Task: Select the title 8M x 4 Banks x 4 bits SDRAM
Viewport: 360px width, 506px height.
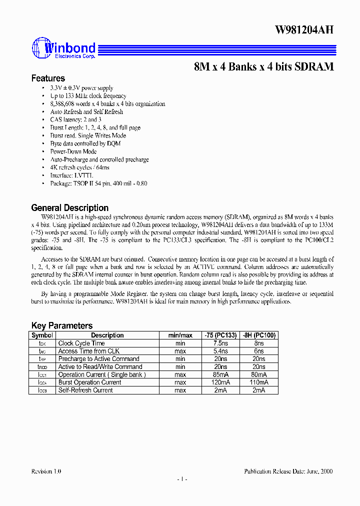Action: click(263, 66)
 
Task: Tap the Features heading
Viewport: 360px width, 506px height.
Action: click(48, 78)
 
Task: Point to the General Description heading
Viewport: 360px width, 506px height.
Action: click(69, 208)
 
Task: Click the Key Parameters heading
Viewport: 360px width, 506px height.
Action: click(61, 325)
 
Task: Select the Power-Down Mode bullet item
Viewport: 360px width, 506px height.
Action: click(73, 151)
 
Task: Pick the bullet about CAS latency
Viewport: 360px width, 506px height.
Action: click(75, 119)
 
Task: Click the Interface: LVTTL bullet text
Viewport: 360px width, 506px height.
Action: click(71, 175)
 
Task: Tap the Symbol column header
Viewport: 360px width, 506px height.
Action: click(42, 335)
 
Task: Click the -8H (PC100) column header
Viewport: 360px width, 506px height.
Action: click(258, 335)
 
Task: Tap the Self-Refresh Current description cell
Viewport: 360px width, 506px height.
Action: click(85, 390)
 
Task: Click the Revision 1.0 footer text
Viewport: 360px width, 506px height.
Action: click(46, 471)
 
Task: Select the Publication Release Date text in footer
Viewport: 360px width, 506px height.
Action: click(288, 471)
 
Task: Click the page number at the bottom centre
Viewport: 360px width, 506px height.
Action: click(182, 479)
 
